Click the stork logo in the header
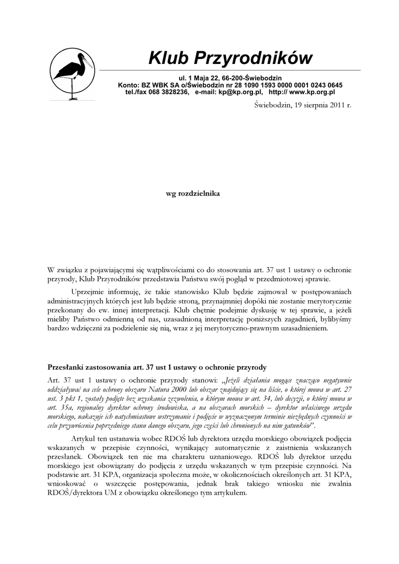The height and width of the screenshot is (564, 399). click(72, 74)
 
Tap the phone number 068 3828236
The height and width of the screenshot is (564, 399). click(168, 93)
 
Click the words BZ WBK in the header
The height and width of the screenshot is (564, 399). click(158, 85)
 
